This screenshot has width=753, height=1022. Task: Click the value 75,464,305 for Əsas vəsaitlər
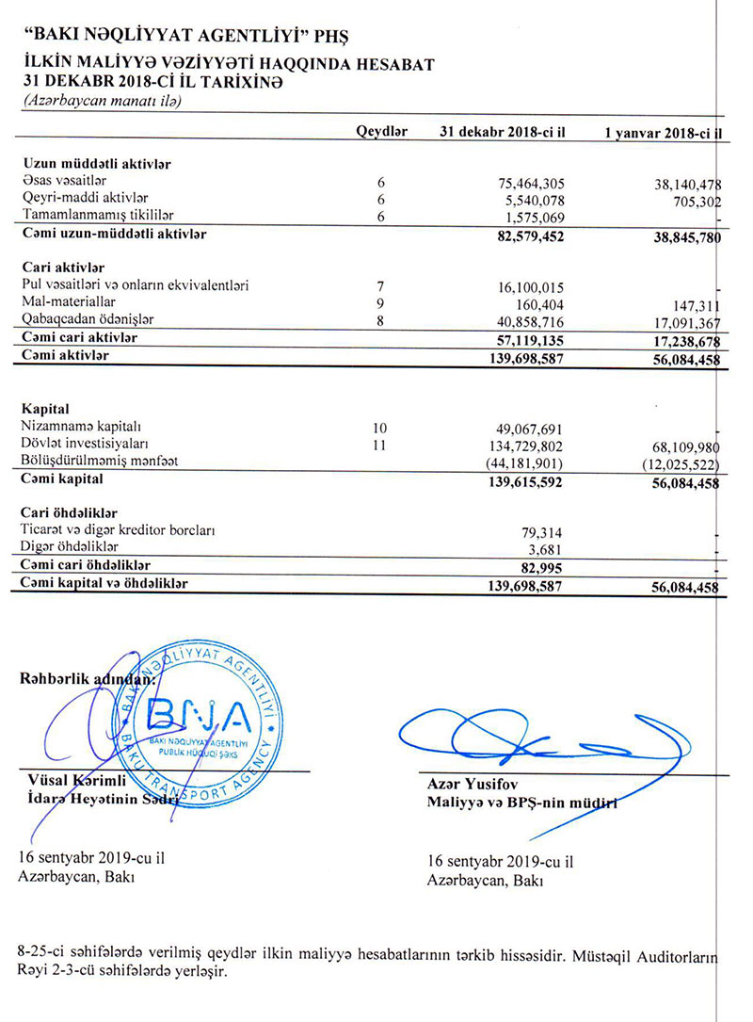click(x=529, y=183)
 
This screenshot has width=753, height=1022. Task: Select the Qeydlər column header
click(x=381, y=133)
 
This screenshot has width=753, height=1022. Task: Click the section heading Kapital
click(x=44, y=410)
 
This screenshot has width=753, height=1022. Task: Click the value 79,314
click(x=542, y=531)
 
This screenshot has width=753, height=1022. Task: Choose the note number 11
click(x=380, y=444)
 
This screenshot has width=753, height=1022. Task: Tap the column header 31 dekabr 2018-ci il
click(x=502, y=133)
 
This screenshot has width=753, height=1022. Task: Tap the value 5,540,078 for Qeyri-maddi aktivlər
click(x=533, y=200)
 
